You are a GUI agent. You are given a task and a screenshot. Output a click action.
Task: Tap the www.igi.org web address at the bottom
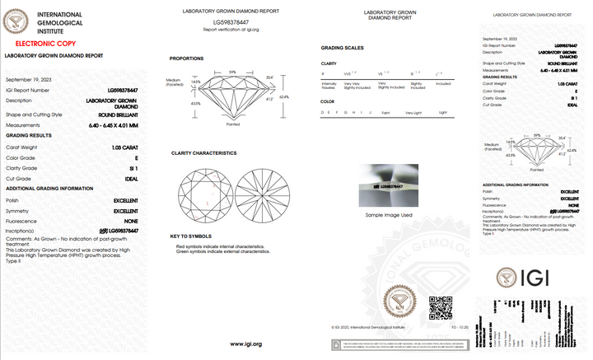(x=245, y=344)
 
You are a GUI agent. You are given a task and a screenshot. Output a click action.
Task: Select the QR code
(x=441, y=307)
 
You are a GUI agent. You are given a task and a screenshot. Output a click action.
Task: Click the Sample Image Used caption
(x=389, y=214)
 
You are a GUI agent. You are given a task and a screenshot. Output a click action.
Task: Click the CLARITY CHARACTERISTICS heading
(x=203, y=153)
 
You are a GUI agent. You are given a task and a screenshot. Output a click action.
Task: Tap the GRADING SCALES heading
(x=342, y=49)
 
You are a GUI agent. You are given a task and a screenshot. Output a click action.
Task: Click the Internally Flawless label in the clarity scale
(x=329, y=86)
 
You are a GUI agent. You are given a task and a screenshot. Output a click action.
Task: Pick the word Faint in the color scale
(x=386, y=112)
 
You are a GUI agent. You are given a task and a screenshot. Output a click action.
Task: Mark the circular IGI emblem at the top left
(x=16, y=17)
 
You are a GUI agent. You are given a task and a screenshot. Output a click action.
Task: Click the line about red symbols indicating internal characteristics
(x=218, y=246)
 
